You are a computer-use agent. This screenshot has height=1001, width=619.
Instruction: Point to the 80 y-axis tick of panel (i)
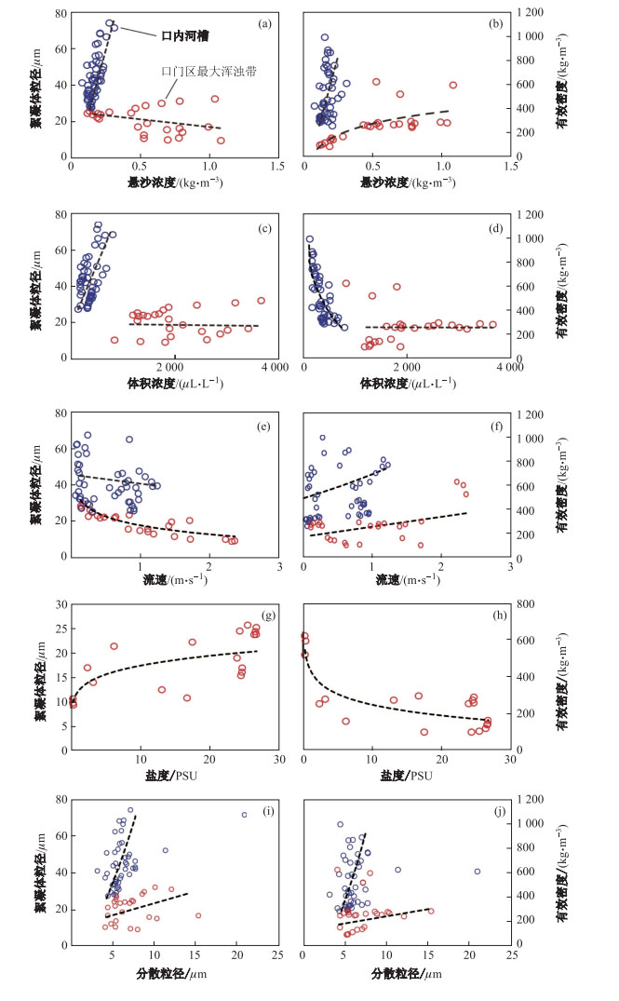point(61,799)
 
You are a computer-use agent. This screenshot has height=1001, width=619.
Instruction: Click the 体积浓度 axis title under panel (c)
point(173,384)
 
